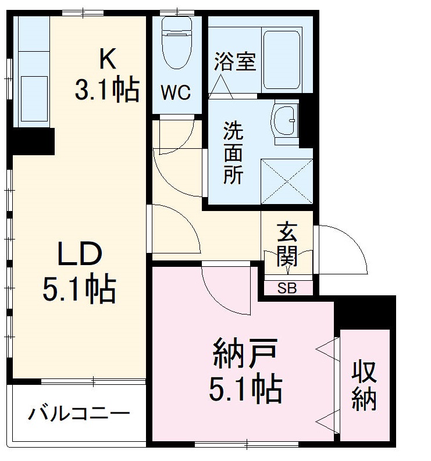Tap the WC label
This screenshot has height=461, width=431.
click(176, 93)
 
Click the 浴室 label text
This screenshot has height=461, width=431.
click(235, 62)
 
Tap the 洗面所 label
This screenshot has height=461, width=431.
click(234, 152)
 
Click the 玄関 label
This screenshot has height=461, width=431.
click(287, 244)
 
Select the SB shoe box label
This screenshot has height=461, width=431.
click(286, 287)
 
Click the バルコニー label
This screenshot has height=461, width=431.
click(79, 414)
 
